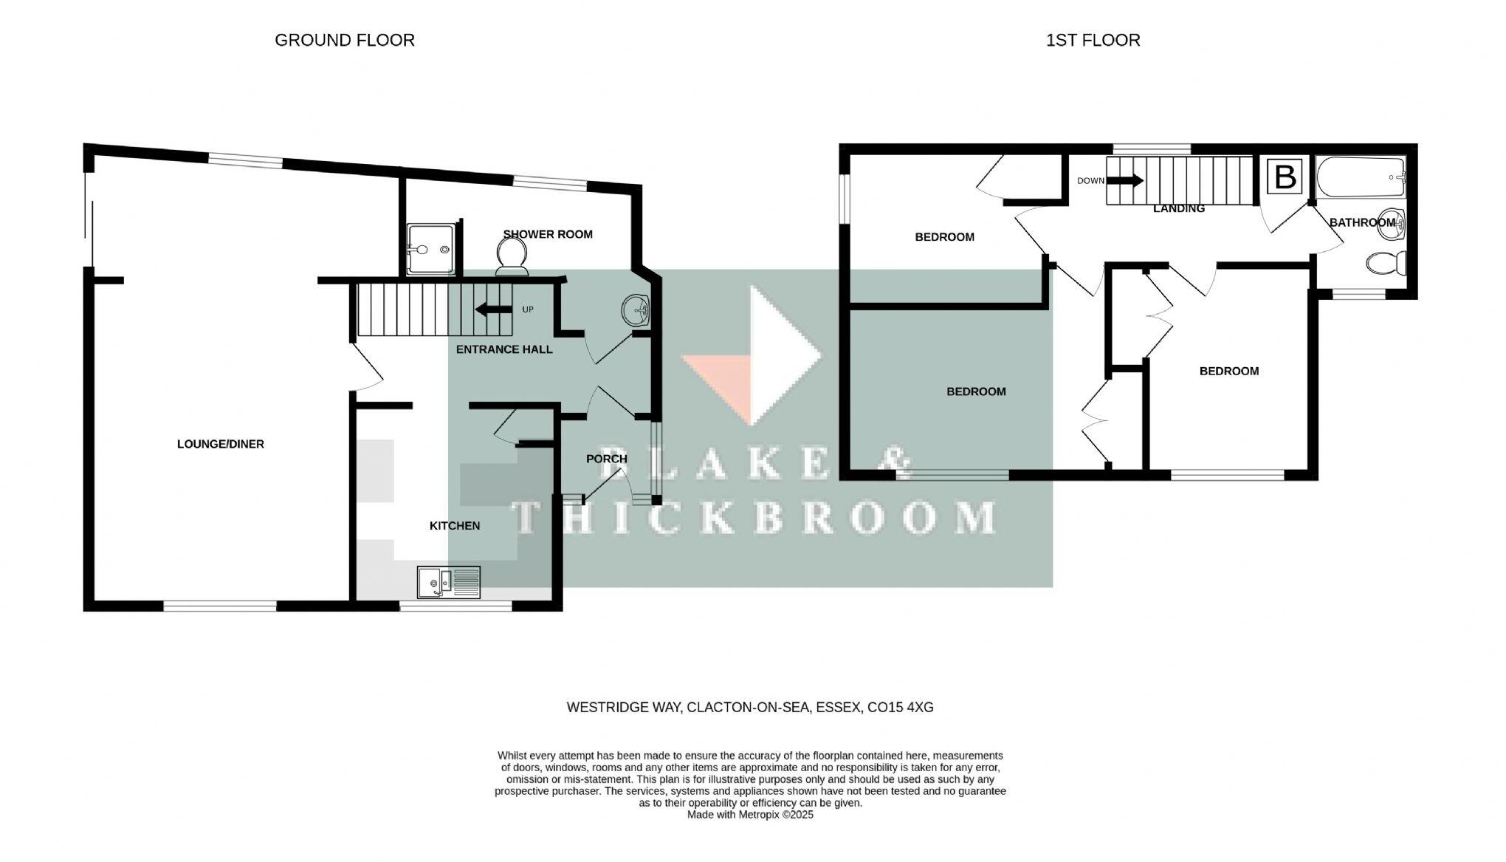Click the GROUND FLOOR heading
click(344, 40)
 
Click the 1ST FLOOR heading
click(1093, 40)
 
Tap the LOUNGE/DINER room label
click(220, 444)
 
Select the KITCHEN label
click(455, 525)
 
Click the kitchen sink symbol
click(448, 582)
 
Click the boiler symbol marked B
click(1285, 178)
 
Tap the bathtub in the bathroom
click(1361, 177)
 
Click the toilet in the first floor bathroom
click(1386, 263)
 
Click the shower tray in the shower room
click(430, 250)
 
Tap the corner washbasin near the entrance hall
click(635, 309)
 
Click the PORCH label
click(606, 459)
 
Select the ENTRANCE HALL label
click(504, 349)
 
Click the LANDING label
click(1178, 209)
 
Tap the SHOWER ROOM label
click(548, 234)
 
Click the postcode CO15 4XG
click(900, 707)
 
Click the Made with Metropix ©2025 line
click(749, 815)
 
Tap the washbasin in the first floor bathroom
click(1391, 223)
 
